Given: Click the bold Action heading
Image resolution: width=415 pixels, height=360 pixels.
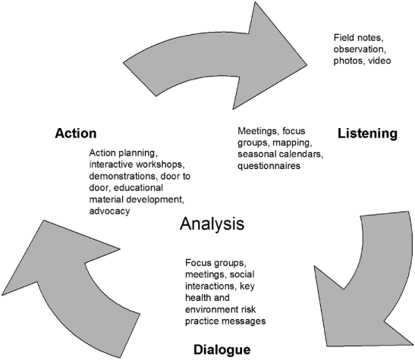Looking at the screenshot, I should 75,133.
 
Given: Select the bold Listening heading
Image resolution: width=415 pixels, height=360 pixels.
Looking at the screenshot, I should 367,133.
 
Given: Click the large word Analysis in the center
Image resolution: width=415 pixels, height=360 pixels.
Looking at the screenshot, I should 212,224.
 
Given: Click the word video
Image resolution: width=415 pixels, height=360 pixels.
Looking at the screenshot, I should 377,61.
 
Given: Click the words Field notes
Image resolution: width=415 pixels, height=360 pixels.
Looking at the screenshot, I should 360,37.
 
